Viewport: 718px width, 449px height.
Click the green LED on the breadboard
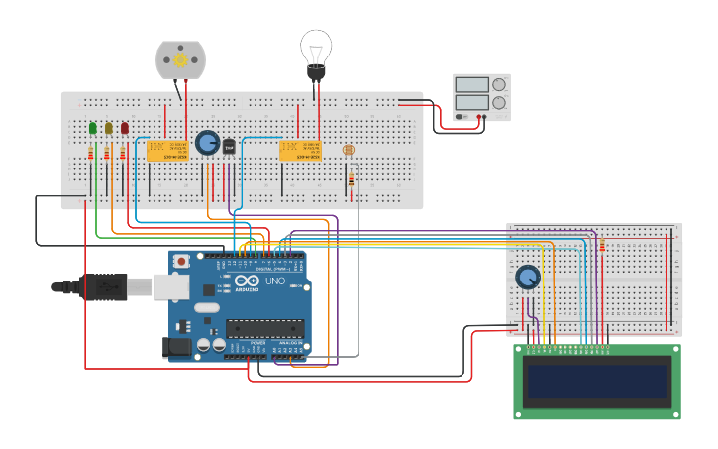(93, 128)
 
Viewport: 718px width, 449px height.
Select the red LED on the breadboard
(125, 128)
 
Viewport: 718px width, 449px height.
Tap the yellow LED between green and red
(109, 128)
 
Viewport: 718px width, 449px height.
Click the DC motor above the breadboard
(180, 59)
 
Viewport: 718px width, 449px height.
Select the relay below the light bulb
(300, 150)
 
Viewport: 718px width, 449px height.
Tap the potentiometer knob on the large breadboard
(207, 143)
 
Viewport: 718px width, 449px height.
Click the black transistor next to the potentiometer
(229, 147)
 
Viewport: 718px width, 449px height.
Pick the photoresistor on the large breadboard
(348, 150)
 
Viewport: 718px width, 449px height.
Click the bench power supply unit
(481, 96)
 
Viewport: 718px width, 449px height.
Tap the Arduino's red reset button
(181, 262)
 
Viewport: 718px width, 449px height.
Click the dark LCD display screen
(597, 382)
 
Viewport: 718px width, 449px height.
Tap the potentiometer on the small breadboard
(528, 278)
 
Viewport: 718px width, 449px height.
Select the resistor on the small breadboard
(601, 245)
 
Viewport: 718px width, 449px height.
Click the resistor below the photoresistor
(351, 179)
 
